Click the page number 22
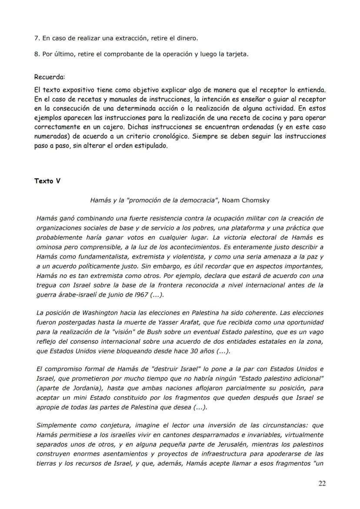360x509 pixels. tap(321, 483)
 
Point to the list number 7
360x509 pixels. tap(36, 38)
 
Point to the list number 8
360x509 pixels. tap(36, 54)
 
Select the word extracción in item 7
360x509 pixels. tap(130, 38)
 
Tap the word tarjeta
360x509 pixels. tap(235, 54)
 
